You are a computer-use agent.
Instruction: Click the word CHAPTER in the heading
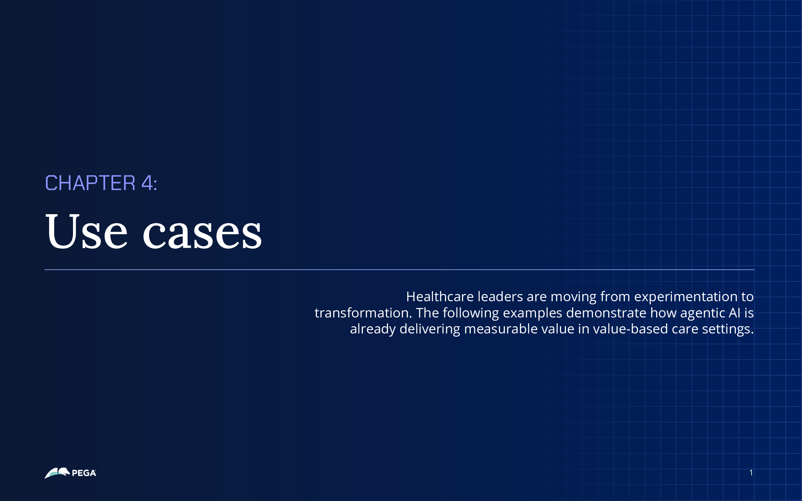[x=90, y=183]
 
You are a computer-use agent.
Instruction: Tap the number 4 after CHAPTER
[x=147, y=183]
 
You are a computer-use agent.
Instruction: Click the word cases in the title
[x=202, y=234]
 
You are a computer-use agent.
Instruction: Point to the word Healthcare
[x=440, y=297]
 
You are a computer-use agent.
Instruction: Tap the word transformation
[x=363, y=313]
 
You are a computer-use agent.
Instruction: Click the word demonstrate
[x=606, y=313]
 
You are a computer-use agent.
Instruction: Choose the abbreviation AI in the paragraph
[x=734, y=313]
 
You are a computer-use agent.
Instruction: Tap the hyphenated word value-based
[x=630, y=329]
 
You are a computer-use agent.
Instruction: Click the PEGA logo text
[x=84, y=473]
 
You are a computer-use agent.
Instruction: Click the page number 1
[x=751, y=473]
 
